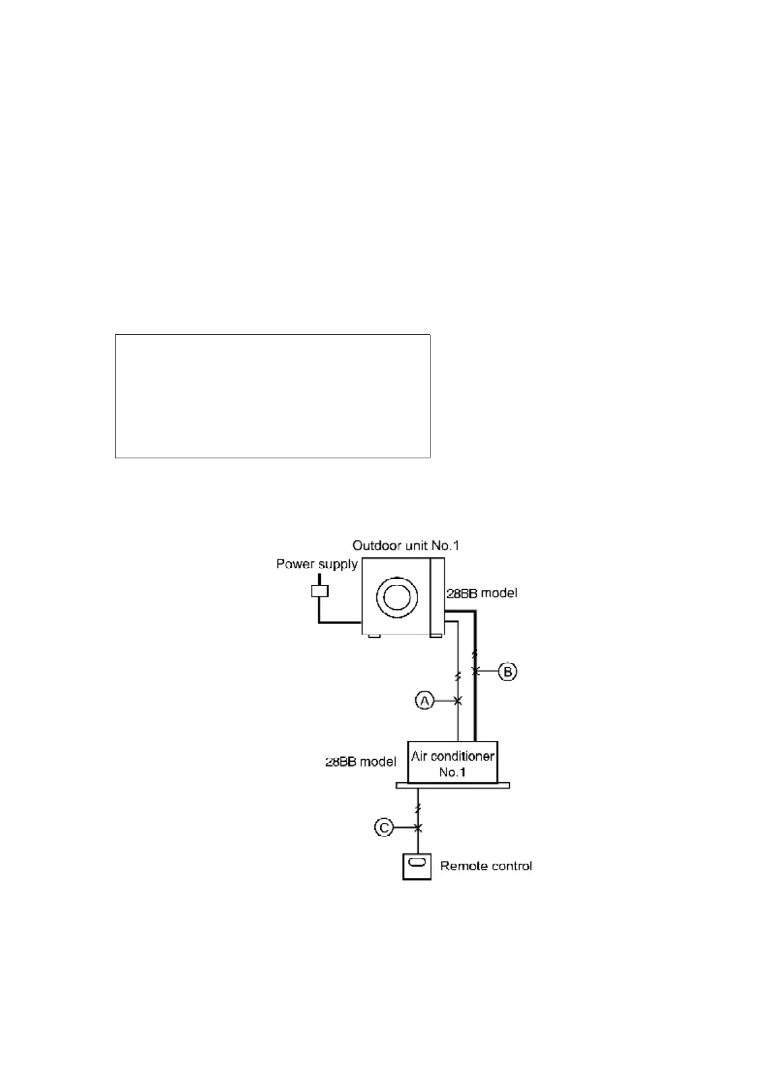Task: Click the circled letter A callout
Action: click(424, 700)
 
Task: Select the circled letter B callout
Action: click(509, 672)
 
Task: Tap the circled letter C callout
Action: click(384, 828)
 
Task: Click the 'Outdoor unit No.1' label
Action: click(405, 545)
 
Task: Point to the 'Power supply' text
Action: click(317, 564)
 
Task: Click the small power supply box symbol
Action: click(319, 590)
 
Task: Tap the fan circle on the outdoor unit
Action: click(394, 597)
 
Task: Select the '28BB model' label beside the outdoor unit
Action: click(482, 593)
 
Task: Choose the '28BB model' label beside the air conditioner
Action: click(360, 762)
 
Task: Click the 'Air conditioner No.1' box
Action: click(453, 763)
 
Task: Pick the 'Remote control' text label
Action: click(486, 866)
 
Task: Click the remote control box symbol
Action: click(418, 866)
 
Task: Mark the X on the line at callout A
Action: click(458, 700)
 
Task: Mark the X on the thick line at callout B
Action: click(476, 672)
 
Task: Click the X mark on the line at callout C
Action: click(418, 828)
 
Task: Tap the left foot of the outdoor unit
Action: click(373, 637)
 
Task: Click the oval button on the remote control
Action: click(418, 863)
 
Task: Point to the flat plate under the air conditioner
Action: click(452, 786)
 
